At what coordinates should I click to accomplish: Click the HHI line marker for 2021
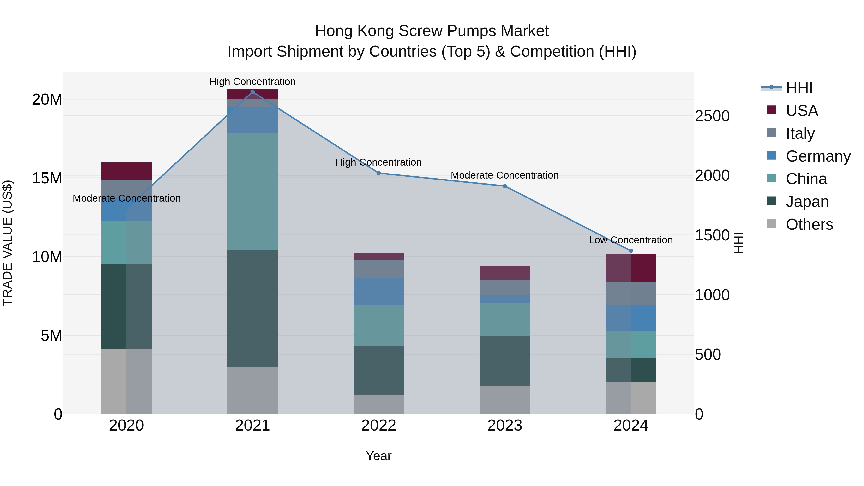point(252,92)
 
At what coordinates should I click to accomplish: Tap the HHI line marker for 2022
point(379,173)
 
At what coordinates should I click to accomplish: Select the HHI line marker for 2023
point(505,186)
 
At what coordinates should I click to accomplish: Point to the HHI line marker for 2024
point(631,251)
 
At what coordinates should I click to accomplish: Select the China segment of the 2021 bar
point(252,192)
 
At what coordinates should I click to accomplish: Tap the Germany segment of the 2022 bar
point(379,291)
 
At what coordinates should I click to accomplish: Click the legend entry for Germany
point(818,156)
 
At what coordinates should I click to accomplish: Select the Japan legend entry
point(807,202)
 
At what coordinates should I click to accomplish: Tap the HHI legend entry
point(798,88)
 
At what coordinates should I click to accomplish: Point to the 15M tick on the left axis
point(47,178)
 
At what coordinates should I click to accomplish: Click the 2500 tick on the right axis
point(712,116)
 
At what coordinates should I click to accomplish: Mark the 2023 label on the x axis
point(505,426)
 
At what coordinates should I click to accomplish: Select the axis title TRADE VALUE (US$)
point(7,243)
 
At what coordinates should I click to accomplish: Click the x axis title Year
point(379,456)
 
